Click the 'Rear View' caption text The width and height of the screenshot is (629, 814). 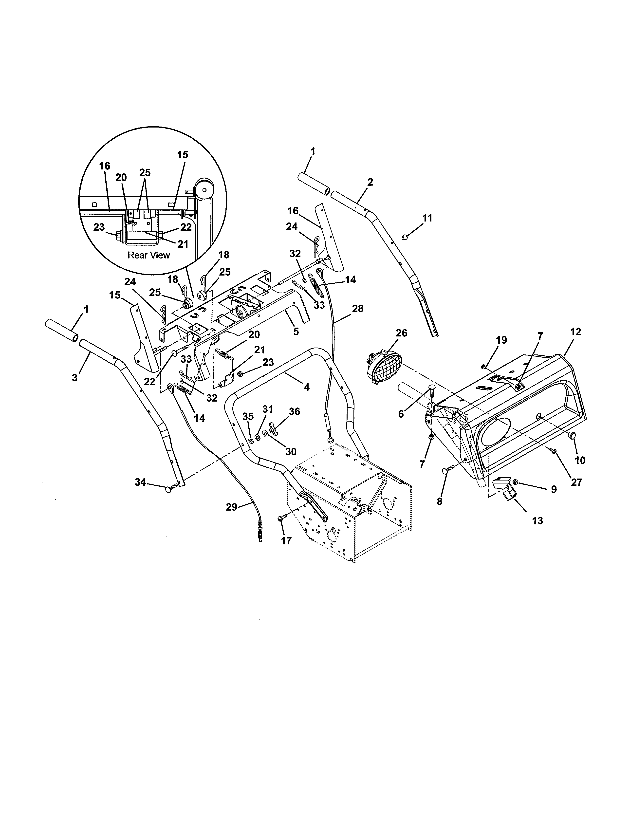pos(149,255)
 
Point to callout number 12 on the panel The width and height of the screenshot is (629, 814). pos(575,332)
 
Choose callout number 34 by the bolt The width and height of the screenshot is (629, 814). pos(140,482)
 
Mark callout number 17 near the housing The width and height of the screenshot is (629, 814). pos(286,541)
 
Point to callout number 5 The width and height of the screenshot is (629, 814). pos(296,331)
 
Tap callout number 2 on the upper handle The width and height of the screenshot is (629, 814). pos(370,182)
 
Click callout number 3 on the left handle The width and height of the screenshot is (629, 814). pos(75,378)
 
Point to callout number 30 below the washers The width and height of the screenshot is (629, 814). pos(291,451)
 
